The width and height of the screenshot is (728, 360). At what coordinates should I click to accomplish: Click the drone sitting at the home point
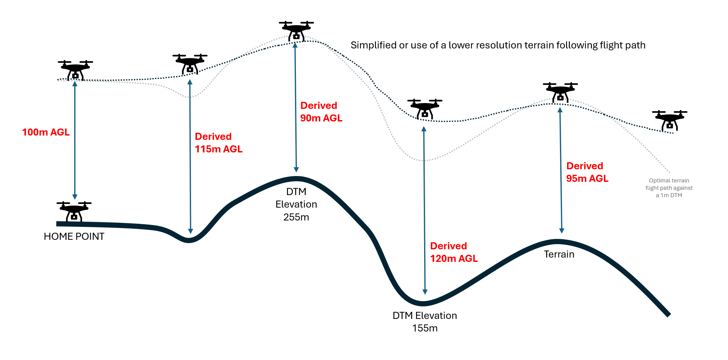tap(74, 211)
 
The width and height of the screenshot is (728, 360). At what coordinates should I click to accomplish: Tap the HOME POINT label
tap(74, 236)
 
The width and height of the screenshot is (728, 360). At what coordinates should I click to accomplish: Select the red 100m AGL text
tap(46, 132)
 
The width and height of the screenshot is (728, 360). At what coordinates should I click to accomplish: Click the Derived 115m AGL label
tap(219, 143)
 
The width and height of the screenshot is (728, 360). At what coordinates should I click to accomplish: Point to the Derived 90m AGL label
tap(321, 112)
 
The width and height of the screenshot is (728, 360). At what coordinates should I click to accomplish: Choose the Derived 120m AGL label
tap(454, 252)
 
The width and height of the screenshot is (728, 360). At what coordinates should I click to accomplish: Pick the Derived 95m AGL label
tap(587, 172)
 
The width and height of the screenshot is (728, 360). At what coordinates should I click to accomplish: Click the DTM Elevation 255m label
tap(296, 204)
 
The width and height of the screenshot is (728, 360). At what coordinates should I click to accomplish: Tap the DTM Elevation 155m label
tap(425, 322)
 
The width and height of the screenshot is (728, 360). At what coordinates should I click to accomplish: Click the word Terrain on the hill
tap(559, 254)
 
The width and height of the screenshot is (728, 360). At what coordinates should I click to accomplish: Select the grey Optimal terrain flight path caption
tap(669, 188)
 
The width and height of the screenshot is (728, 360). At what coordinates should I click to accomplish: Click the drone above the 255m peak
tap(296, 31)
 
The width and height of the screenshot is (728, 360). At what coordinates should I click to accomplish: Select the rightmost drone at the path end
tap(670, 120)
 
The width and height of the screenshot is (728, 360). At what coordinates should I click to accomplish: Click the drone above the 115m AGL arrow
tap(190, 64)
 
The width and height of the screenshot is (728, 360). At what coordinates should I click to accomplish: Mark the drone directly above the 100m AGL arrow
tap(75, 70)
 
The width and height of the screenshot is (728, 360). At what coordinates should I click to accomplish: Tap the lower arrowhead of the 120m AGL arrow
tap(425, 292)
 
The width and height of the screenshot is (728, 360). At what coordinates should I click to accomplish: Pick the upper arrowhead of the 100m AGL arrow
tap(75, 84)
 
